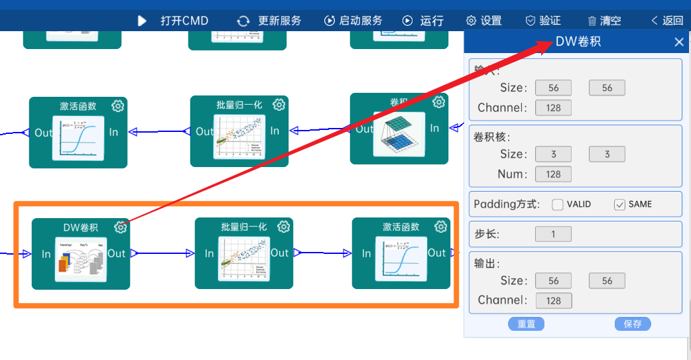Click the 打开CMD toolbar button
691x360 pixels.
tap(174, 21)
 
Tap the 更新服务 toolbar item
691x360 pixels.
tap(269, 21)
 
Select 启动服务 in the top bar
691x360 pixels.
tap(353, 21)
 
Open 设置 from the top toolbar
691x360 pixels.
tap(484, 21)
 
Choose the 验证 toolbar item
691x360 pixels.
tap(543, 21)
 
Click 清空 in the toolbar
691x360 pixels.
tap(604, 21)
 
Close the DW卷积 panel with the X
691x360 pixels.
tap(678, 42)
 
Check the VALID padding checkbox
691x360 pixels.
tap(558, 204)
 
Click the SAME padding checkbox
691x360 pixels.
tap(620, 204)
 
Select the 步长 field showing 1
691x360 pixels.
tap(553, 234)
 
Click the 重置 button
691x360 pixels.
tap(527, 324)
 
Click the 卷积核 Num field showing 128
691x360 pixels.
tap(553, 174)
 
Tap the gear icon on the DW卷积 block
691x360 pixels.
tap(120, 227)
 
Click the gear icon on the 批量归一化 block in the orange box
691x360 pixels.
tap(284, 227)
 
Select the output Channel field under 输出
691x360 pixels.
tap(553, 300)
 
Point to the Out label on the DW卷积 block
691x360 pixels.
tap(117, 253)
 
